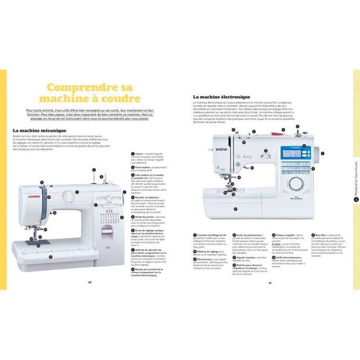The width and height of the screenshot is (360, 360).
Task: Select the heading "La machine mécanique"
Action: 40,130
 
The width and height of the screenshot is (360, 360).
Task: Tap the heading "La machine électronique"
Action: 221,97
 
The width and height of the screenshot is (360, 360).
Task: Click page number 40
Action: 90,282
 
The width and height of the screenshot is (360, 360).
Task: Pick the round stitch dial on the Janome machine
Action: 69,197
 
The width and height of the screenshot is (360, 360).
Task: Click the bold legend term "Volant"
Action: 139,154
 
